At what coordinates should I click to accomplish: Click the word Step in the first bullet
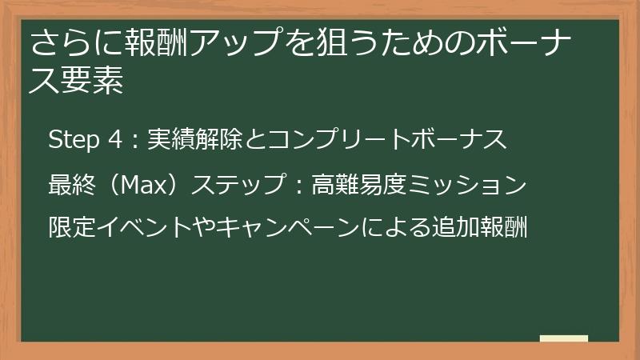[70, 140]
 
